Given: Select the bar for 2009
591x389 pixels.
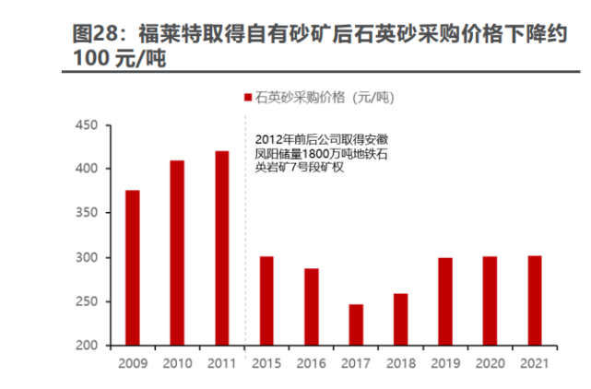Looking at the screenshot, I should point(132,268).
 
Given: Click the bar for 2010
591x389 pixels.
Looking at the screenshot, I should point(176,253).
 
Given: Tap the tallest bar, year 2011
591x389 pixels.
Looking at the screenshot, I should point(221,249).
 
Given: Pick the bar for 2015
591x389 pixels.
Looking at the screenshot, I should point(266,301).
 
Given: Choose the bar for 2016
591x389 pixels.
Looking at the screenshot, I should point(311,307).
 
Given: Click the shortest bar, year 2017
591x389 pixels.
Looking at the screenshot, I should point(356,325).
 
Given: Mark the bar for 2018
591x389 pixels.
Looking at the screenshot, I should point(400,320).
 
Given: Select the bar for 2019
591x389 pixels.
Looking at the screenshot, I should point(445,302).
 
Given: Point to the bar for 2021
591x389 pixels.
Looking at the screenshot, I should point(535,301).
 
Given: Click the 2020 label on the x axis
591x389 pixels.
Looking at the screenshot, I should point(490,363).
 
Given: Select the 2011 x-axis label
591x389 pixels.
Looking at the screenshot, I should point(221,363).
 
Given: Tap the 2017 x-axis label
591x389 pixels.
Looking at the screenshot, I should point(356,363).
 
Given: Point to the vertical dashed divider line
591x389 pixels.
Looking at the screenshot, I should point(244,230).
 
